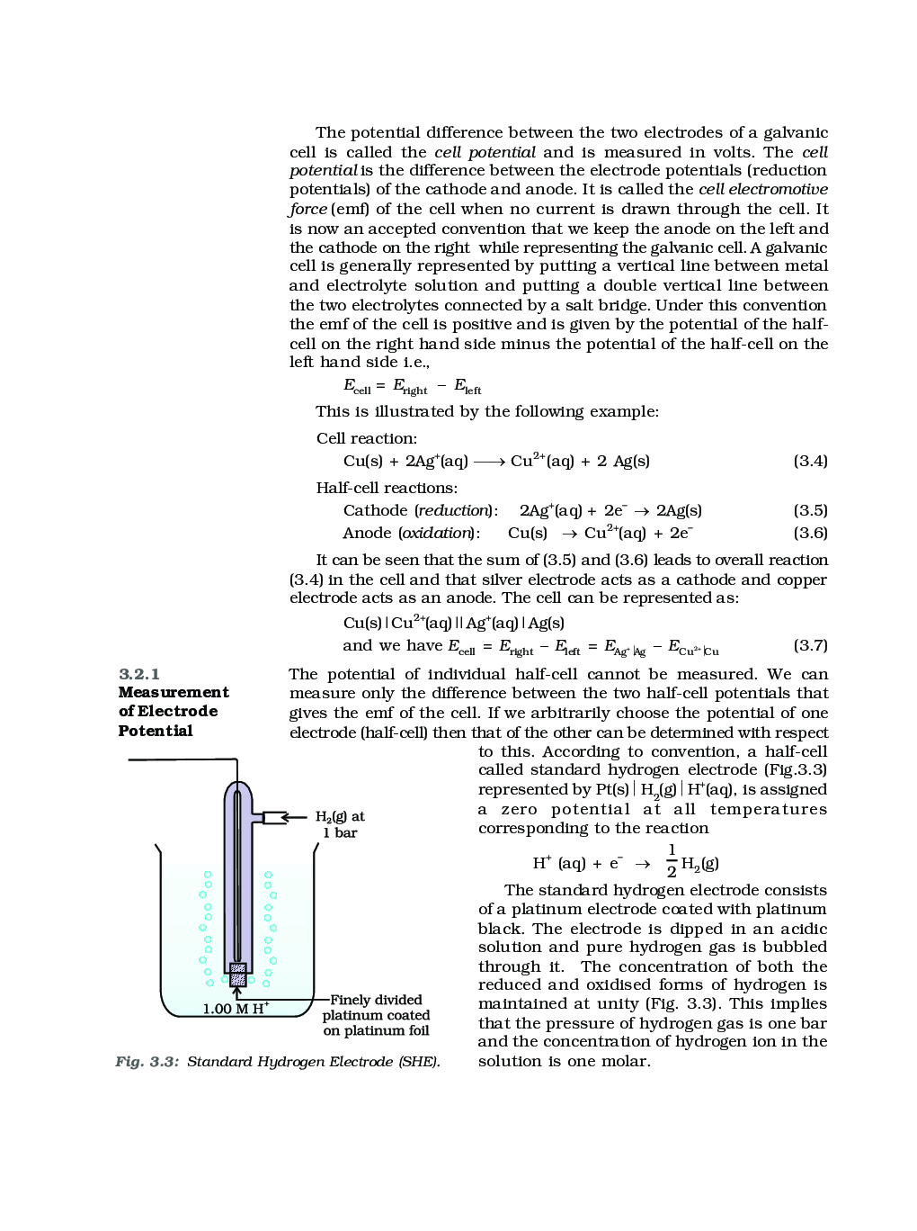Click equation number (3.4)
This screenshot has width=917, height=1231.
(x=809, y=461)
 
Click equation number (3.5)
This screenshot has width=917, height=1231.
(x=809, y=510)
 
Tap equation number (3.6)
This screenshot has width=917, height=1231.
(x=809, y=533)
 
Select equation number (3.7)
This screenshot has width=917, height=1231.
(x=809, y=645)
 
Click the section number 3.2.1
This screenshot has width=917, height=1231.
(x=139, y=674)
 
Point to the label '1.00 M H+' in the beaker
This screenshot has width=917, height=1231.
(x=236, y=1008)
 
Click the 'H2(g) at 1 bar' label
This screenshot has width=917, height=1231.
(x=340, y=824)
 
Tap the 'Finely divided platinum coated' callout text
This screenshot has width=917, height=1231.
(x=376, y=1008)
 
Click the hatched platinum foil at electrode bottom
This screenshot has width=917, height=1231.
(x=238, y=975)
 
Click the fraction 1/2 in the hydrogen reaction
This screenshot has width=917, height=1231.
(x=672, y=860)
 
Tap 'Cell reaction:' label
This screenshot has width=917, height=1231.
(x=367, y=438)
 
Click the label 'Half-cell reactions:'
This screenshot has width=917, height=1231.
(x=387, y=488)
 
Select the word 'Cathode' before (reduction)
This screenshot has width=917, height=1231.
(x=375, y=510)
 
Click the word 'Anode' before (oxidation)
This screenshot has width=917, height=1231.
(x=367, y=533)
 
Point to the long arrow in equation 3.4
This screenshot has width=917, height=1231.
(x=489, y=462)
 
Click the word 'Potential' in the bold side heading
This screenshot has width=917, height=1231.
(x=156, y=731)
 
